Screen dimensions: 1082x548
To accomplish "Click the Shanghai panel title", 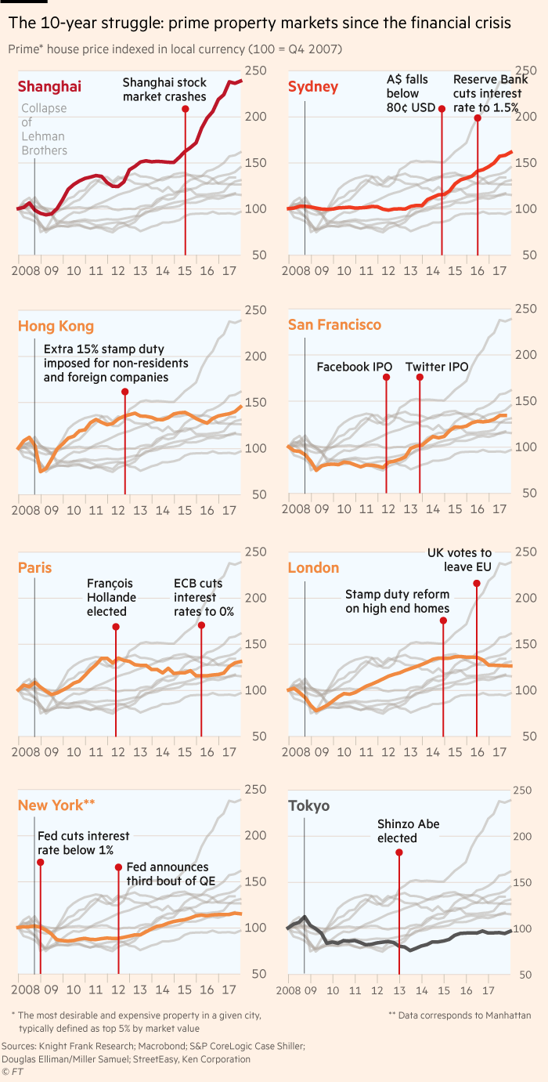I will coord(49,86).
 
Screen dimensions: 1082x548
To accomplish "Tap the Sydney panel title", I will coord(313,86).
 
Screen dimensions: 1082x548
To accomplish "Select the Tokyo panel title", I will coord(308,806).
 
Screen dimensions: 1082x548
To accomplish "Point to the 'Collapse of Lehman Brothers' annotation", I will coord(44,129).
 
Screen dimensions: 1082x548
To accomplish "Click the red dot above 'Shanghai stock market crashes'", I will coord(186,109).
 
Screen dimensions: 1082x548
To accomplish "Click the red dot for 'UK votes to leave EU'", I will coord(477,583).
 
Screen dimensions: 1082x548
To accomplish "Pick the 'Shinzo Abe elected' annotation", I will coord(398,831).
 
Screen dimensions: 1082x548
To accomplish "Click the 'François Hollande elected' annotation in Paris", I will coord(111,597).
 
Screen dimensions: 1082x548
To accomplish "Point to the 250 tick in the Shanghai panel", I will coord(257,71).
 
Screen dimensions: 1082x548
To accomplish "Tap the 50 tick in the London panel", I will coord(527,736).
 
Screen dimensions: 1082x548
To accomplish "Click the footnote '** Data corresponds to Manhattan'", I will coord(460,1015).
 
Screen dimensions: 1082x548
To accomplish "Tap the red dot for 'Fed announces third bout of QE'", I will coord(118,867).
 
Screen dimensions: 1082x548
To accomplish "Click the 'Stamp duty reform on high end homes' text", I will coord(398,602).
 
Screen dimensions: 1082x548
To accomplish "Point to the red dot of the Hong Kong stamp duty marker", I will coord(125,392).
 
